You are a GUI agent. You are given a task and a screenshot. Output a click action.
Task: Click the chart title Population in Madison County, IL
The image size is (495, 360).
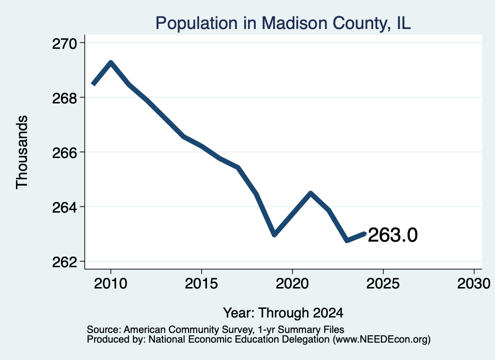coord(283,23)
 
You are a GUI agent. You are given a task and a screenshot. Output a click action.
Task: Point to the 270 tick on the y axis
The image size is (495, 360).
coord(64,43)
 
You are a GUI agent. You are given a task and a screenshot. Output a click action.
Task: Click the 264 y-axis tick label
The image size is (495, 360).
coord(64,207)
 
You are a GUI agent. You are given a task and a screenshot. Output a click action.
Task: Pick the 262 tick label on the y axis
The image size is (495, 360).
coord(64,262)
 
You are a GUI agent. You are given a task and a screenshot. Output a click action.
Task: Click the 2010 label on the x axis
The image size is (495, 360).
coord(111,283)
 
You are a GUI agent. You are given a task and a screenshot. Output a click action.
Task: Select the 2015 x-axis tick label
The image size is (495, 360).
coord(202,283)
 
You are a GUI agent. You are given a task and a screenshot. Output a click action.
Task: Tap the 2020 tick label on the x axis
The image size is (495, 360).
coord(292,283)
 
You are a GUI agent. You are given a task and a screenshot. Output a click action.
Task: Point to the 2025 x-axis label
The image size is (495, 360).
coord(383,283)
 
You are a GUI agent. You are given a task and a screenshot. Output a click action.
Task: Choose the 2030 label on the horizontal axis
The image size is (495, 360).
coord(474,283)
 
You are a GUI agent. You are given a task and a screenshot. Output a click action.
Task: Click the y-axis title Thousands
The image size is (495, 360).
coord(22,152)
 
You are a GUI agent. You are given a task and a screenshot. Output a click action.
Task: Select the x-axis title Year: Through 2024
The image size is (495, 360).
coord(283,313)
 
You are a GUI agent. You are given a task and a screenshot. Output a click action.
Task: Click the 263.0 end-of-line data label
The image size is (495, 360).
coord(393,235)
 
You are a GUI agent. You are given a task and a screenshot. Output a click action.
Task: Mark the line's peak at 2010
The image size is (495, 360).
coord(111,62)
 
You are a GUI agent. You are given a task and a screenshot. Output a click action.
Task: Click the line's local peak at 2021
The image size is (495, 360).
coord(311,193)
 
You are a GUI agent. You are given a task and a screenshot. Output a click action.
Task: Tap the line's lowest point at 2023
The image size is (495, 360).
coord(347,241)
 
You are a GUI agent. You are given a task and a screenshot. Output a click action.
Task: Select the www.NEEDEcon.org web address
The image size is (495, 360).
coord(382,340)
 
